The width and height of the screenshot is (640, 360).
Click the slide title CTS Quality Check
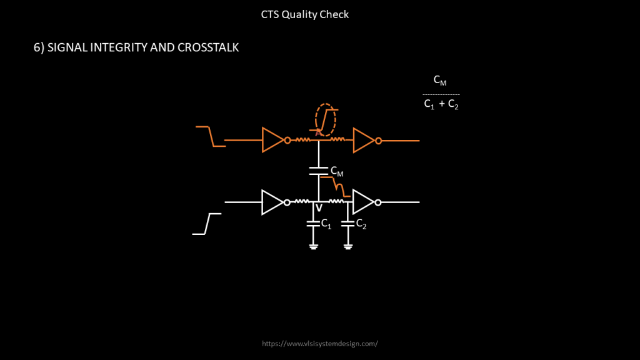pos(305,14)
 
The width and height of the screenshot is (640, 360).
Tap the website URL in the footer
pos(320,344)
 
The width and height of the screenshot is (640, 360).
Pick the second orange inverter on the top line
pos(364,140)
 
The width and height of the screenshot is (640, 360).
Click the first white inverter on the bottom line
pos(273,202)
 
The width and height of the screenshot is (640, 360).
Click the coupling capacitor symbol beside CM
pos(319,171)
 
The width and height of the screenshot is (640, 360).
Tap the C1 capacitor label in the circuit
pos(326,224)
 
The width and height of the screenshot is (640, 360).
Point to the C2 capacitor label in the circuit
pos(361,224)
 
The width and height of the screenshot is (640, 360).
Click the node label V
pos(319,209)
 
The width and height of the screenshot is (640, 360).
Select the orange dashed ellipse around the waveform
pos(326,119)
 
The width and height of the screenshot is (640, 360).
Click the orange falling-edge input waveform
pos(211,136)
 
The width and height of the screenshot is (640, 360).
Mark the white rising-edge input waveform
pos(207,224)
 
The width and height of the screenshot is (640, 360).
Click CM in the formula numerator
pos(440,81)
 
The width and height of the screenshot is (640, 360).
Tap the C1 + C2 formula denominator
pos(441,105)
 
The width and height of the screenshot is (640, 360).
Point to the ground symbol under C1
pos(313,246)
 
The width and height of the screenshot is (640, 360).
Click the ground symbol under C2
pos(348,246)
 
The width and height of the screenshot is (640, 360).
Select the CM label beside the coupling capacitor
pos(336,172)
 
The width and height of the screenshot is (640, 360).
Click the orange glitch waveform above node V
pos(337,186)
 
